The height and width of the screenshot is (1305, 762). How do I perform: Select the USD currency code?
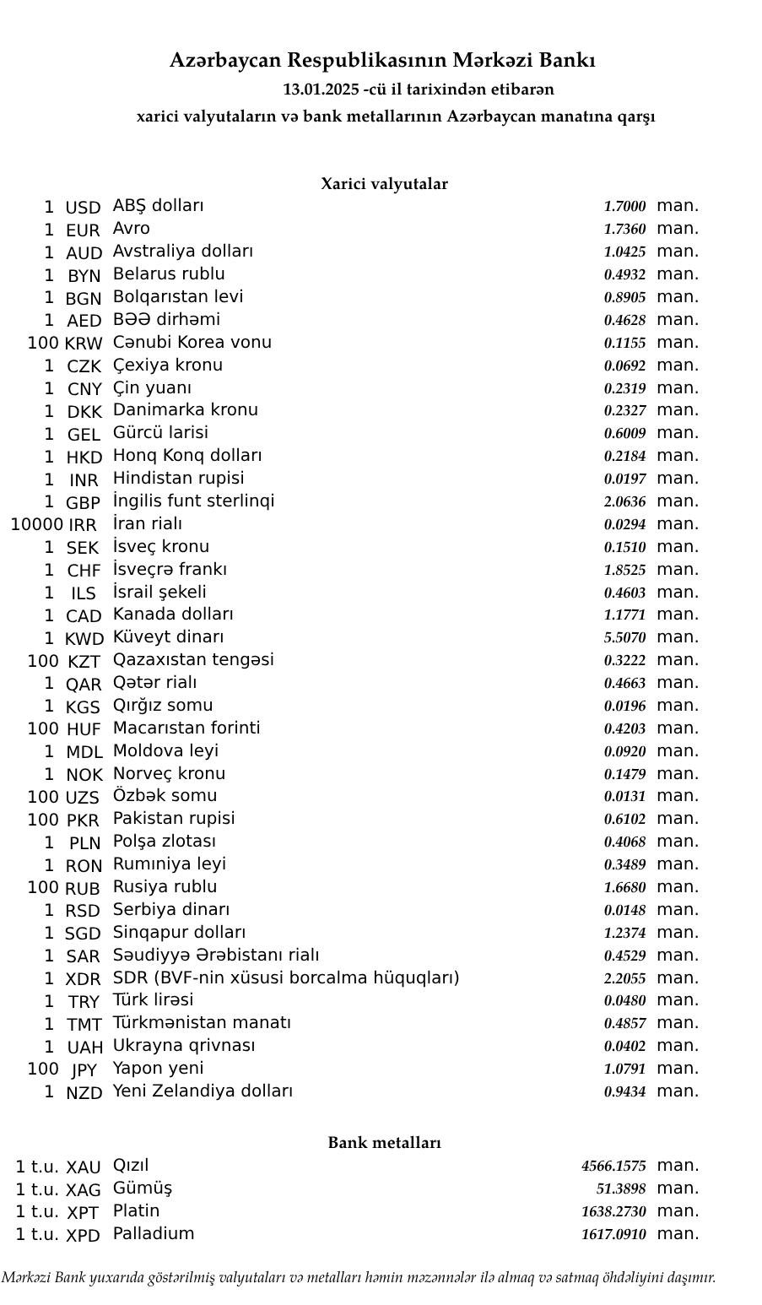click(x=83, y=208)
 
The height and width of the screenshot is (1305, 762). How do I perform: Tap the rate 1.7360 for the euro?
click(x=624, y=230)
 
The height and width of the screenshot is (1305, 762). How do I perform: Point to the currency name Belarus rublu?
click(x=169, y=274)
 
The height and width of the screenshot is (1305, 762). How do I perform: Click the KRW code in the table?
click(x=83, y=344)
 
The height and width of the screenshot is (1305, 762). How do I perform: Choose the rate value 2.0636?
click(x=624, y=502)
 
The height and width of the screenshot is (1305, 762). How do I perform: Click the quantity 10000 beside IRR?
click(x=35, y=525)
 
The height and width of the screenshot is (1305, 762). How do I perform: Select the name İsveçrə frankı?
click(x=170, y=570)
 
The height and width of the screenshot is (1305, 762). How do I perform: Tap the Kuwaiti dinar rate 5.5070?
click(x=624, y=638)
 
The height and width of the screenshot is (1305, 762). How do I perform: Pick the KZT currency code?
click(x=84, y=662)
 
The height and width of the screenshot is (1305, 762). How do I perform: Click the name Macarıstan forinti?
click(x=186, y=728)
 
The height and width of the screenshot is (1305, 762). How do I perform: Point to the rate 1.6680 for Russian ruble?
click(x=624, y=888)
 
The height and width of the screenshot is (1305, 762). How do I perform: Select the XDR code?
click(x=83, y=979)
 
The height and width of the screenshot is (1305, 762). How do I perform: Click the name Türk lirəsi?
click(x=153, y=1000)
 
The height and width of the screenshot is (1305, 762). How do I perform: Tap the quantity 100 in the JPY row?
click(x=43, y=1069)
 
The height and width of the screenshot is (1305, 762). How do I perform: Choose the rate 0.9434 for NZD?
click(x=624, y=1092)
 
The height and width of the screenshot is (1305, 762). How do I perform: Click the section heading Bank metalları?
click(x=384, y=1143)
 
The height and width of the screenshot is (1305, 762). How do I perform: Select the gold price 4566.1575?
click(x=613, y=1167)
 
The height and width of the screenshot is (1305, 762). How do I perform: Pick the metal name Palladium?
click(x=154, y=1234)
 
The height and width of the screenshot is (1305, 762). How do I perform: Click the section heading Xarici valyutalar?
click(x=384, y=184)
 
